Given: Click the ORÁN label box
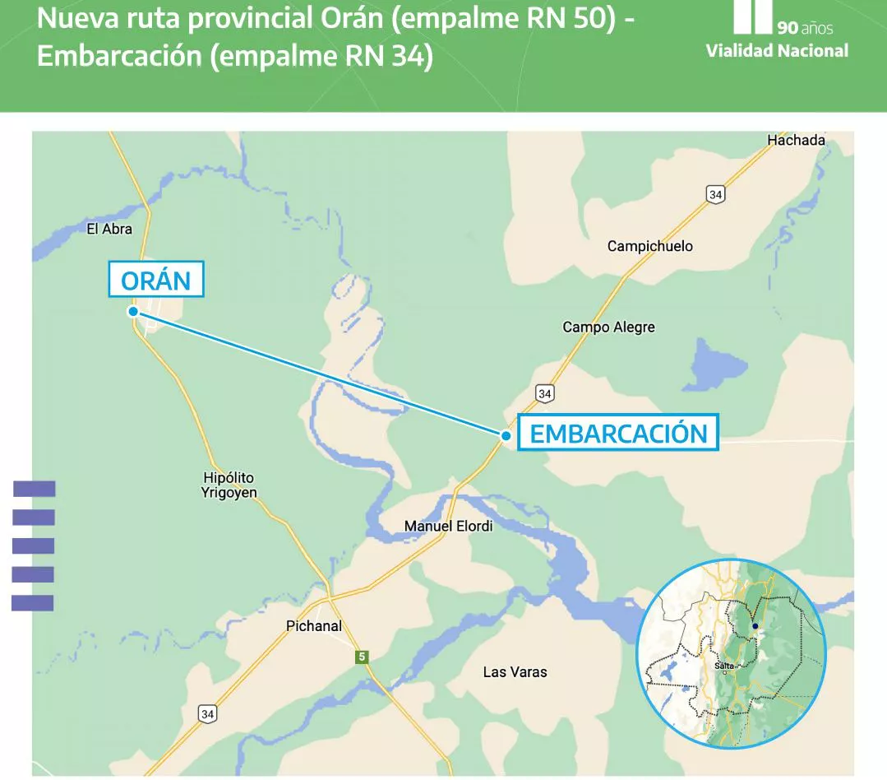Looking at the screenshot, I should click(156, 281).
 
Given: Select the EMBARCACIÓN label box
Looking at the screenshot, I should click(618, 433).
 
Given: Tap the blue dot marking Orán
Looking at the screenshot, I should click(132, 312).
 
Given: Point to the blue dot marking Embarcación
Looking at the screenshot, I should click(506, 435).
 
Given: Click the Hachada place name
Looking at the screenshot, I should click(796, 141).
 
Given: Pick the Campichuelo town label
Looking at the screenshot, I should click(649, 246).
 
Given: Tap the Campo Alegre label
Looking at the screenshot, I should click(608, 327).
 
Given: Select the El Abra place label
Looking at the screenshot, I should click(109, 230).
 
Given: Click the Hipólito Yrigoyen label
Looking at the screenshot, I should click(229, 485).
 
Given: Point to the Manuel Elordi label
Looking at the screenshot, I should click(448, 526).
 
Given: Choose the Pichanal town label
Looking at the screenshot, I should click(313, 626).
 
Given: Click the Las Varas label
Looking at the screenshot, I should click(515, 672).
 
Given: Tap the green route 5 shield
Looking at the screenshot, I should click(361, 657).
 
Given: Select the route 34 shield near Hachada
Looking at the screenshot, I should click(715, 194).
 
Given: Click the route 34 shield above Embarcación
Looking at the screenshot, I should click(544, 393).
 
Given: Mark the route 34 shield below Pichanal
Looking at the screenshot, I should click(208, 713).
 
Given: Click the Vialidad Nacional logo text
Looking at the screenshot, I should click(777, 51).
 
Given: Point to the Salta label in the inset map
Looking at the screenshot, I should click(724, 665).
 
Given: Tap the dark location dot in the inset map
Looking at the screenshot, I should click(755, 626).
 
